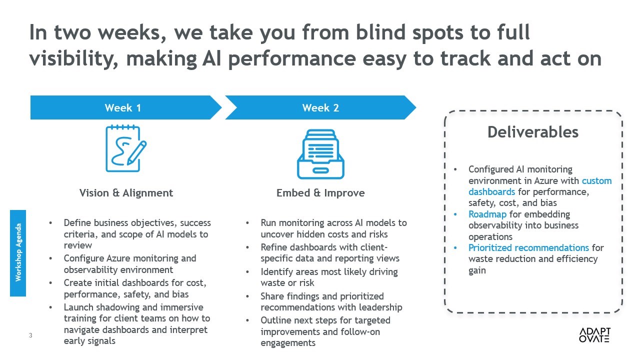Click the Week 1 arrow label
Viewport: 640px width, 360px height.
click(123, 107)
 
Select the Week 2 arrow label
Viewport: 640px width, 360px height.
click(320, 107)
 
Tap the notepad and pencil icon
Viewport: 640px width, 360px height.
click(125, 148)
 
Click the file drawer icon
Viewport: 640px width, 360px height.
click(320, 154)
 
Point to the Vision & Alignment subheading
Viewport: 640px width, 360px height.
click(126, 193)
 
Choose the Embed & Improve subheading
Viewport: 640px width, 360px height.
click(320, 193)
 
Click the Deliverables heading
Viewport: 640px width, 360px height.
click(533, 132)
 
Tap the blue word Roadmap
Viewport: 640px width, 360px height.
click(487, 214)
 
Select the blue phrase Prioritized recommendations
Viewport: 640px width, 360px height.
click(528, 247)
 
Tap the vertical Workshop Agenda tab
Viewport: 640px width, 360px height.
click(18, 253)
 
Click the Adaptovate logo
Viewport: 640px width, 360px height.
click(594, 335)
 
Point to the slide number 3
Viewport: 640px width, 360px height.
click(30, 335)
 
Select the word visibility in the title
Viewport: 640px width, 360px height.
click(73, 58)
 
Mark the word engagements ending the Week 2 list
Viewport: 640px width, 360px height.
click(288, 343)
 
